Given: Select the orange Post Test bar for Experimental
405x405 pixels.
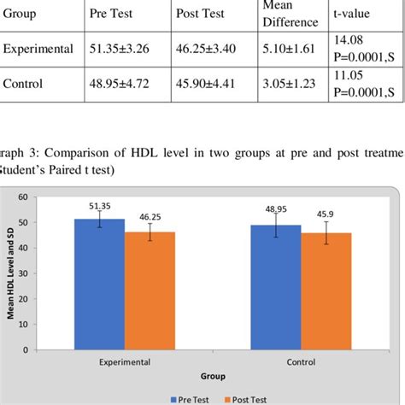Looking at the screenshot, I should (x=150, y=291).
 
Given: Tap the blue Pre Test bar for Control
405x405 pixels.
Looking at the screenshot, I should (x=275, y=287).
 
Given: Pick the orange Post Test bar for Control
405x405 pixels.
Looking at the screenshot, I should (x=326, y=291).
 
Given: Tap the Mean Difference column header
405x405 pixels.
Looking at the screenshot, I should (x=266, y=14).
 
